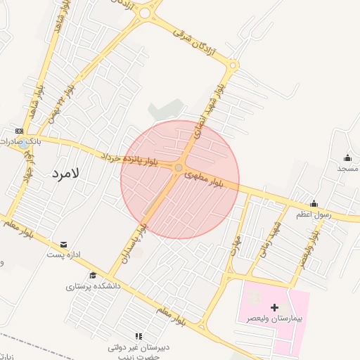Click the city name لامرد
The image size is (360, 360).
[66, 172]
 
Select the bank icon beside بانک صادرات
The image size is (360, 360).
[19, 131]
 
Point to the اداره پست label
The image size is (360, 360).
[65, 254]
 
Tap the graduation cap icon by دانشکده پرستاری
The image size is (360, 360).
[92, 275]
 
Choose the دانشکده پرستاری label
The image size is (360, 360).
[94, 286]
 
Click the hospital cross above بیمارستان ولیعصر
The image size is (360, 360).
[274, 307]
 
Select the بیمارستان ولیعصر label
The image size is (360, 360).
[274, 319]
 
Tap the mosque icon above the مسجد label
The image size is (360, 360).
[347, 157]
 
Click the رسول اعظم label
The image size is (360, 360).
[314, 214]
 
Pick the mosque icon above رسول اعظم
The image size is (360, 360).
[314, 203]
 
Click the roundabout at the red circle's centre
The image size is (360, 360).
[179, 167]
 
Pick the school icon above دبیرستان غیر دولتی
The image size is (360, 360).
[139, 336]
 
